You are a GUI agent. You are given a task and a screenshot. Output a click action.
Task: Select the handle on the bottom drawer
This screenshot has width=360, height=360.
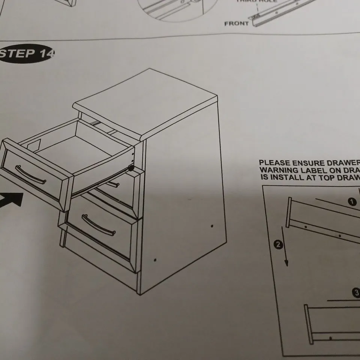click(98, 225)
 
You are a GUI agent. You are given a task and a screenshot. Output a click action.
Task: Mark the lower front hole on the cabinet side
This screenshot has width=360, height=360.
click(155, 259)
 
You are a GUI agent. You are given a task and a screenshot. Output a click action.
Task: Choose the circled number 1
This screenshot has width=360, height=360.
click(352, 202)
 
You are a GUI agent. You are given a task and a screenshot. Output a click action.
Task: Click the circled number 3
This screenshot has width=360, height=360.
click(356, 293)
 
